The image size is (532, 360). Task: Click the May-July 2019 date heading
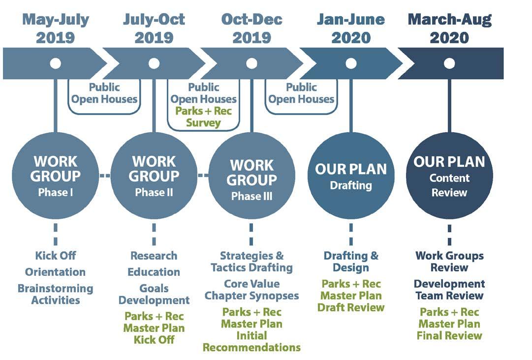coord(56,29)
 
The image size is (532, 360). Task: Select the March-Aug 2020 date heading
coord(449,29)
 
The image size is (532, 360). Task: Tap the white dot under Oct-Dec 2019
coord(252,63)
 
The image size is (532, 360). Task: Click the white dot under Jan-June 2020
coord(351,63)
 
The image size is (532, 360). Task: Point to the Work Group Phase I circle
coord(55,176)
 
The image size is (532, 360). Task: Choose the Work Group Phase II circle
coord(154,176)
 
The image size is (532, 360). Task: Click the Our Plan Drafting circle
coord(351,176)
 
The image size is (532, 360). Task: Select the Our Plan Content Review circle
coord(449,176)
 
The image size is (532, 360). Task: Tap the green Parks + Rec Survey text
coord(203,117)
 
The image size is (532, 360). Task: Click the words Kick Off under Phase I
coord(56,256)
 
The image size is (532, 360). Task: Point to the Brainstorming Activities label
coord(56,294)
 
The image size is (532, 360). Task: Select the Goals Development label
coord(154,294)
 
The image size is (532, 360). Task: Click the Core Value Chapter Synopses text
coord(252,290)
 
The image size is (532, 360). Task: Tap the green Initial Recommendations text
coord(252,341)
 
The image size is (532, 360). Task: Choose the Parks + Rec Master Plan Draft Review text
coord(351,296)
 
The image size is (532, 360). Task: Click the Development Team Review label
coord(449,290)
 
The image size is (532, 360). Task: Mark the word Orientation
coord(56,272)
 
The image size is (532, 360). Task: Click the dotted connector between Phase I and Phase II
coord(104,175)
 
